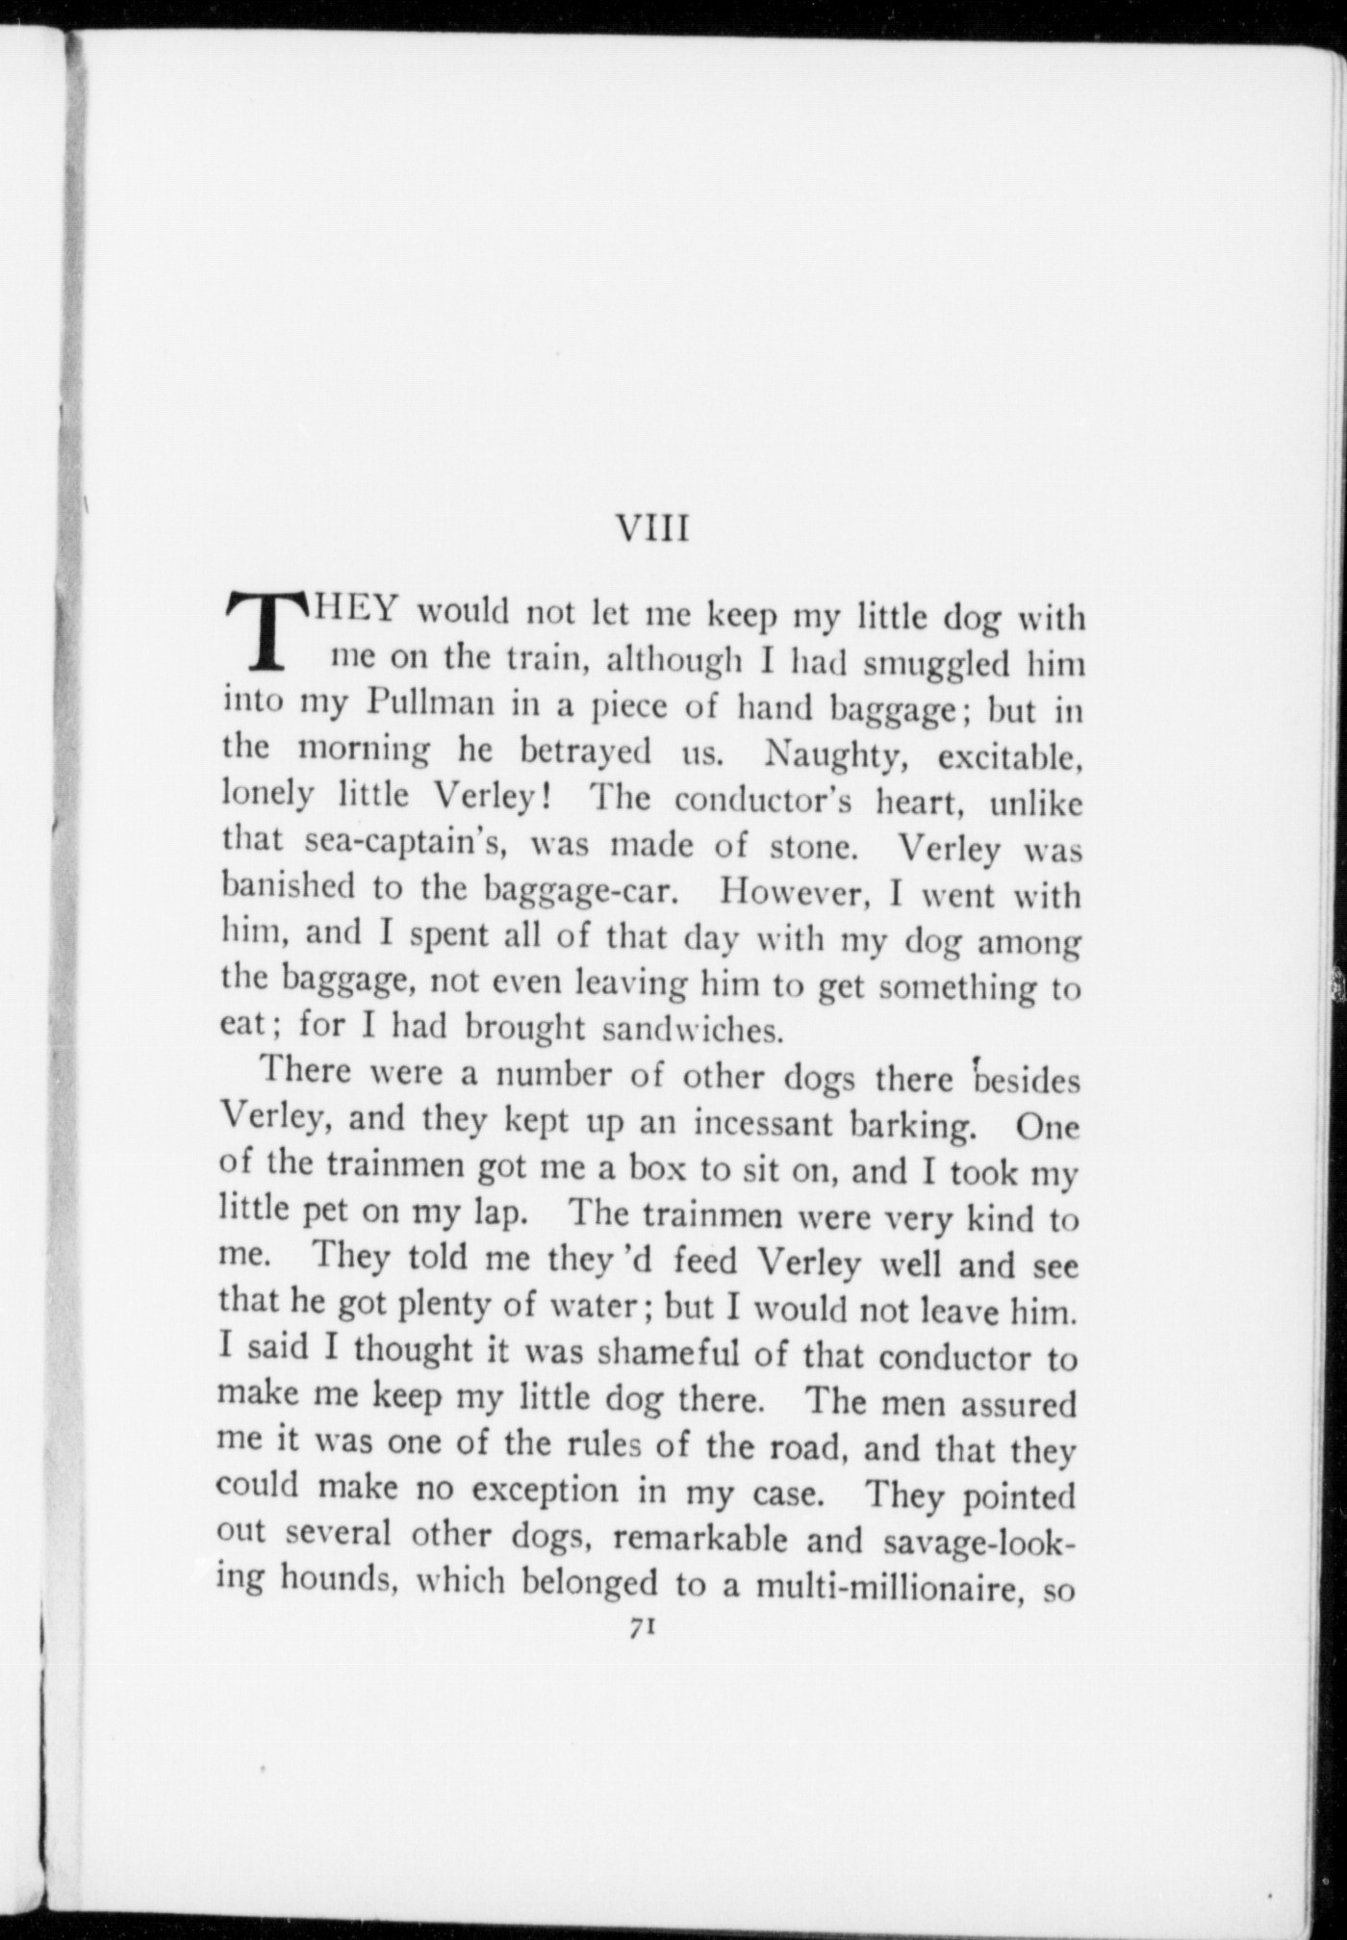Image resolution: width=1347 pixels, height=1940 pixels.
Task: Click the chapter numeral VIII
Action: [652, 528]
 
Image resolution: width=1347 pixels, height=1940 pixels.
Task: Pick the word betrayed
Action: [584, 751]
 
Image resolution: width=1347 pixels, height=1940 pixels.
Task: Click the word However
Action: [795, 892]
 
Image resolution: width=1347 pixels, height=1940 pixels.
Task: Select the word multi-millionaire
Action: [888, 1584]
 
